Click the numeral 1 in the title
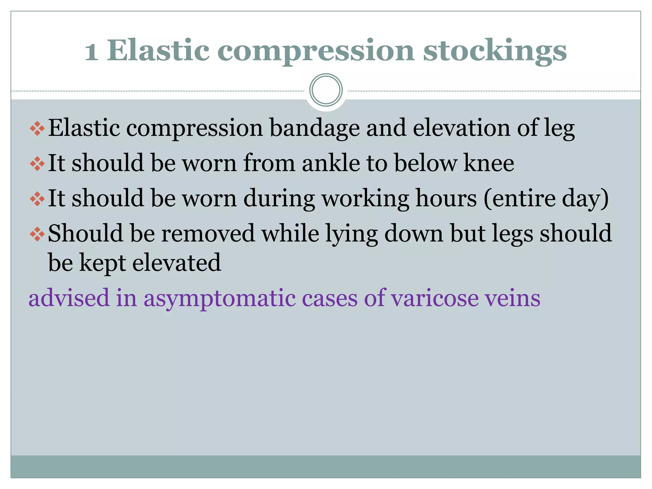click(91, 52)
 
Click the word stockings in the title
click(495, 51)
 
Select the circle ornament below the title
click(326, 90)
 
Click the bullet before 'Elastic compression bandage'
click(37, 128)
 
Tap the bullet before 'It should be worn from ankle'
click(37, 164)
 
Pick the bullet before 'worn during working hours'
click(37, 199)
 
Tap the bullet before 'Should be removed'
click(37, 234)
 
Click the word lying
click(351, 234)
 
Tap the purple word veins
click(512, 298)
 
